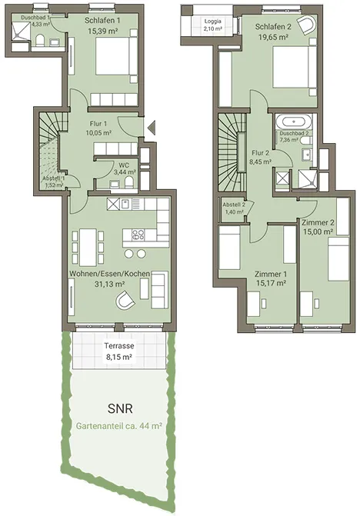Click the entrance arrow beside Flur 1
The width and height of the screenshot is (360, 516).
[x=152, y=128]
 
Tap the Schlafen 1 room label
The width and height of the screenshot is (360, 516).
[x=102, y=21]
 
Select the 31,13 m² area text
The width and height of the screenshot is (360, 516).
[x=109, y=284]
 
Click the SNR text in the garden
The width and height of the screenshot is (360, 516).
[x=120, y=408]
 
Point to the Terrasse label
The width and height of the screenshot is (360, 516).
[x=119, y=346]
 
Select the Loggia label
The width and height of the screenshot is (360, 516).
[x=213, y=22]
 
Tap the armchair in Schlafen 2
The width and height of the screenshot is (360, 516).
[x=306, y=25]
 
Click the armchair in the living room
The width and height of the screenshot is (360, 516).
[x=125, y=299]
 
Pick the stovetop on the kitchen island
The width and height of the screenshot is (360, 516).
[x=138, y=235]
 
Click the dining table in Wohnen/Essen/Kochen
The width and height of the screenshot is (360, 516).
[x=88, y=247]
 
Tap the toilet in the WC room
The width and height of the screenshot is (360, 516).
[x=129, y=182]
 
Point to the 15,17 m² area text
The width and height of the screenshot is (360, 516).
[x=271, y=283]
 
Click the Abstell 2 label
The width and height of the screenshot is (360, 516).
[x=234, y=205]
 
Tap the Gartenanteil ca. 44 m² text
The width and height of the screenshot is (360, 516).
[x=119, y=426]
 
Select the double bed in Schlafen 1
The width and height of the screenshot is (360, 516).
[x=116, y=56]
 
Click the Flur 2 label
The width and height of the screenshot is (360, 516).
[x=260, y=153]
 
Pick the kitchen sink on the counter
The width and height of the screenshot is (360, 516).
[x=125, y=205]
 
